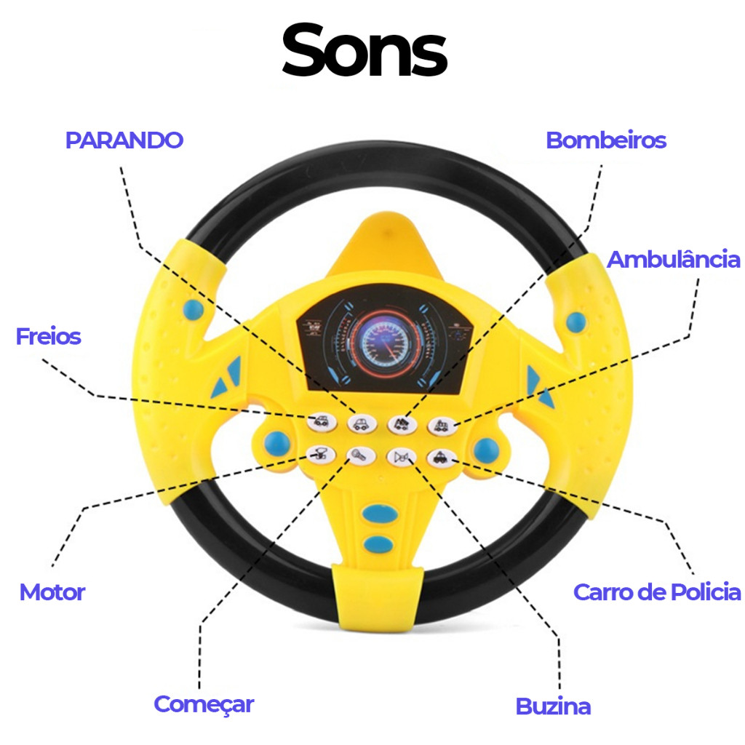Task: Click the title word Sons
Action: (364, 50)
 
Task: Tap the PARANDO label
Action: (124, 140)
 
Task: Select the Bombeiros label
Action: (606, 140)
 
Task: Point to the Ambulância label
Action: (674, 260)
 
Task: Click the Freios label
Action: (49, 336)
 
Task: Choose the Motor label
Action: (52, 592)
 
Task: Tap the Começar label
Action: (204, 704)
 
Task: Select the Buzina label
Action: (553, 706)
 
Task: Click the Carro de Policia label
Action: (657, 592)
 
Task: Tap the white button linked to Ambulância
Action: (442, 425)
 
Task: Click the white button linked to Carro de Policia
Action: (442, 458)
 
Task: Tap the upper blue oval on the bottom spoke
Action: (380, 514)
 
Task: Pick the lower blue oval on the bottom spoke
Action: (378, 544)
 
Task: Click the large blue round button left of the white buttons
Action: (277, 444)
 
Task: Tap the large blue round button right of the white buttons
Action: (487, 450)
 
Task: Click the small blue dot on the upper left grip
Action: (194, 309)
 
